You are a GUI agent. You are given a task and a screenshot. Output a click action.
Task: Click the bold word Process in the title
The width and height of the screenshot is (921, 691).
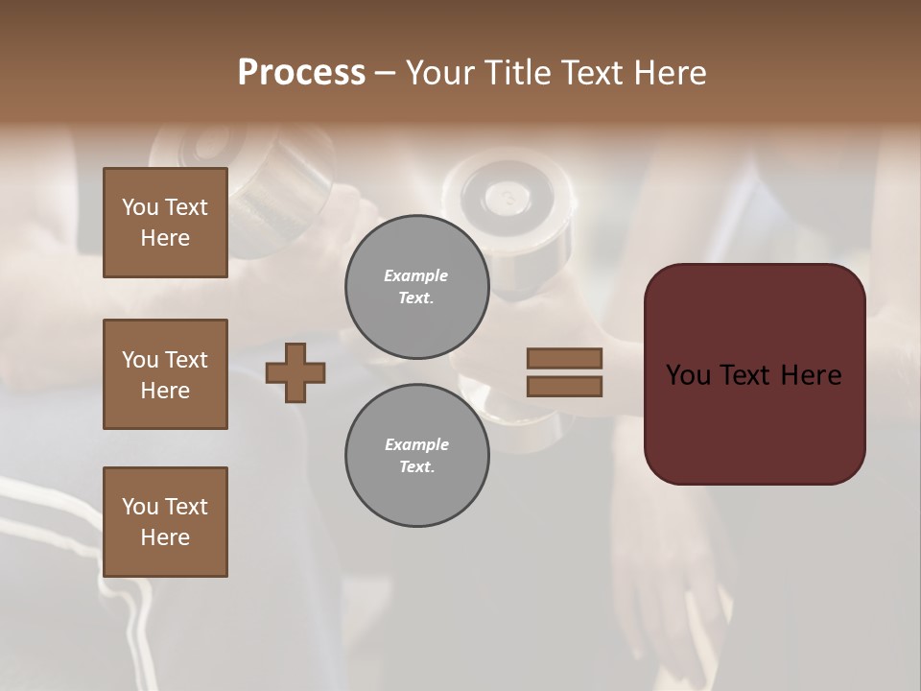[301, 73]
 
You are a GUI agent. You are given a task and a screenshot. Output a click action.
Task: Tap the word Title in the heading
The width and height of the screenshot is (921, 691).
[518, 73]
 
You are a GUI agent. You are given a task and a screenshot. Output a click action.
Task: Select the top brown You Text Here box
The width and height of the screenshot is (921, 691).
[165, 223]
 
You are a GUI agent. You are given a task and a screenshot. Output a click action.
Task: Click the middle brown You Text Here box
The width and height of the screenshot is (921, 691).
[165, 374]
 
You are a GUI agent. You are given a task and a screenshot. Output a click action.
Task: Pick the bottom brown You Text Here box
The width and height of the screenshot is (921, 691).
[165, 522]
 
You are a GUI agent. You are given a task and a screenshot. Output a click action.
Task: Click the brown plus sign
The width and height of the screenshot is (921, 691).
[295, 372]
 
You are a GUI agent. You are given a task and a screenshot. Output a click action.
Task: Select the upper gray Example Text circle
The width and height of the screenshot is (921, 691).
[416, 287]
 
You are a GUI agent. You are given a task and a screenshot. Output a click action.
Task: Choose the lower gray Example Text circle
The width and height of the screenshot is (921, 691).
[416, 456]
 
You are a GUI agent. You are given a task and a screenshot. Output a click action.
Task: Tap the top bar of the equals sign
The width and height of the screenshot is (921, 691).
[564, 358]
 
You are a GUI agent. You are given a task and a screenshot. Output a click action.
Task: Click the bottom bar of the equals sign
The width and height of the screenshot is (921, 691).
[564, 387]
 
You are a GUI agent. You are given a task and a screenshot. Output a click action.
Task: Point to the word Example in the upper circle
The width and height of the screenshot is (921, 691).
[416, 275]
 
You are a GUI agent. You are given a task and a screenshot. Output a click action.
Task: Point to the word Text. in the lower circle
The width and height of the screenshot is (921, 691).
[416, 467]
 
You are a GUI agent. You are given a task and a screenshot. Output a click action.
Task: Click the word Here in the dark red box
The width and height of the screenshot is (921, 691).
[811, 375]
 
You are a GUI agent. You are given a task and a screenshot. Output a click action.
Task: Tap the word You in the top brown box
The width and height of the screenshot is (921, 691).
[139, 207]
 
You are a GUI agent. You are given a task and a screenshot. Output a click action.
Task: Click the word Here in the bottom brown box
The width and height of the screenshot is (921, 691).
[165, 537]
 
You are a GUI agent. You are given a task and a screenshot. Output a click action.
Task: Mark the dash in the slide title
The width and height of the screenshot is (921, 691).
[385, 73]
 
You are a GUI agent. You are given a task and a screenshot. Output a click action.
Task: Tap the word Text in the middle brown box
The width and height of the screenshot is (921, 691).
[185, 360]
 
